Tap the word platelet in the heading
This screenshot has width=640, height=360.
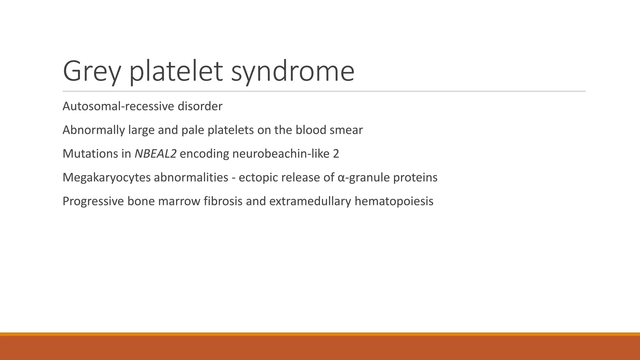pos(176,72)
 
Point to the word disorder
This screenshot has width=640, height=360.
pos(200,107)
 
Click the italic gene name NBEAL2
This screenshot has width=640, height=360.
pos(155,154)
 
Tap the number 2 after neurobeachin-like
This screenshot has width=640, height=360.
pos(336,154)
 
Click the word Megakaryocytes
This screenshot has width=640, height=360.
pos(106,177)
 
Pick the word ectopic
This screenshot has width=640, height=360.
pos(258,177)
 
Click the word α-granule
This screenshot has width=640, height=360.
pos(363,177)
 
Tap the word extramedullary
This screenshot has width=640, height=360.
pos(310,201)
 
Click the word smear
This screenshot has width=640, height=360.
pos(346,130)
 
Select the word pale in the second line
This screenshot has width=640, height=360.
pos(193,130)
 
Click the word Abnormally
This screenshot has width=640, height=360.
pos(94,130)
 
